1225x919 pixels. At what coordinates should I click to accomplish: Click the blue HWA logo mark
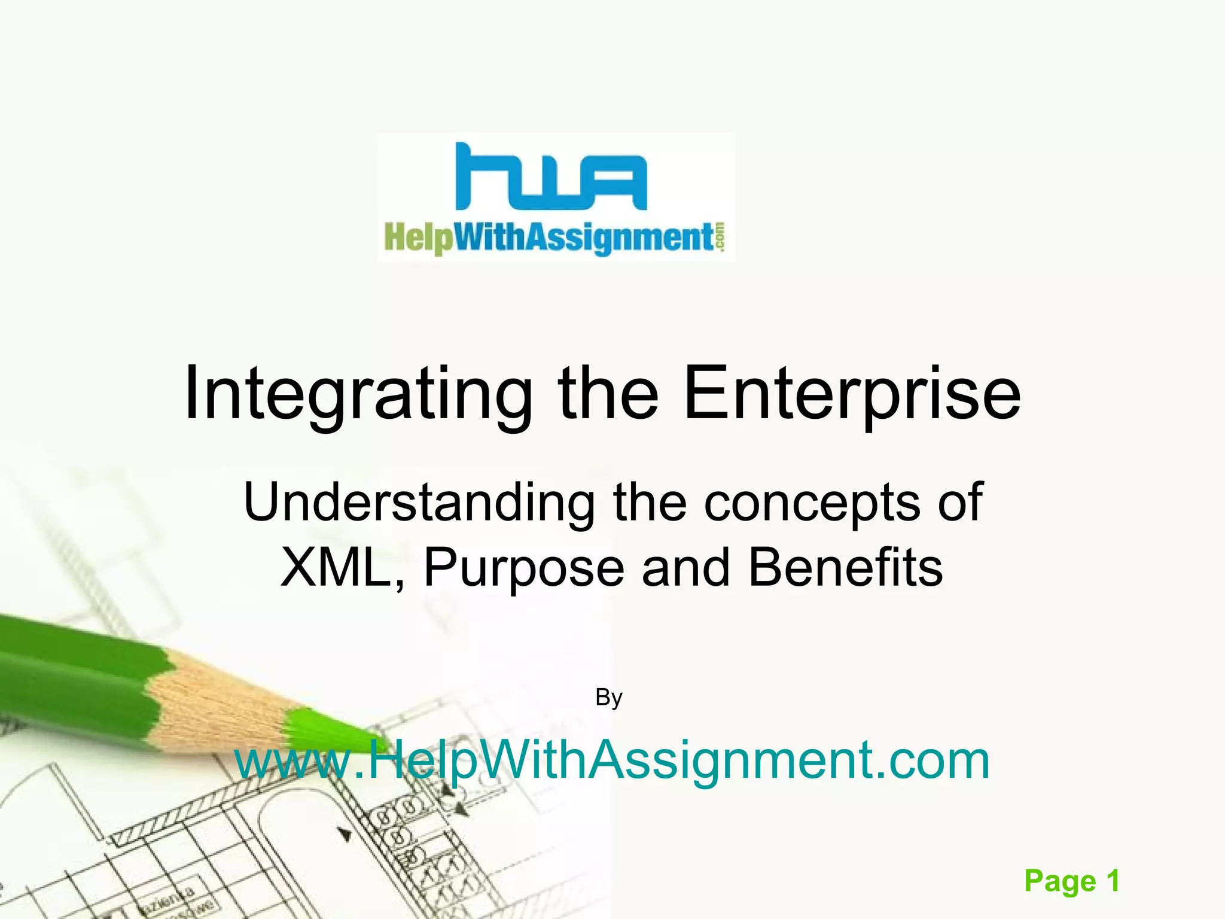(550, 177)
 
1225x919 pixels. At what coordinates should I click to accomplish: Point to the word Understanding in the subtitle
(419, 503)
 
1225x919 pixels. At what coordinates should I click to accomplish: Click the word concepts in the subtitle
(812, 503)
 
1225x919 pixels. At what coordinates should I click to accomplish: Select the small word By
(609, 698)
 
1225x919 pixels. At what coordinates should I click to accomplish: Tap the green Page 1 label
(1071, 881)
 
